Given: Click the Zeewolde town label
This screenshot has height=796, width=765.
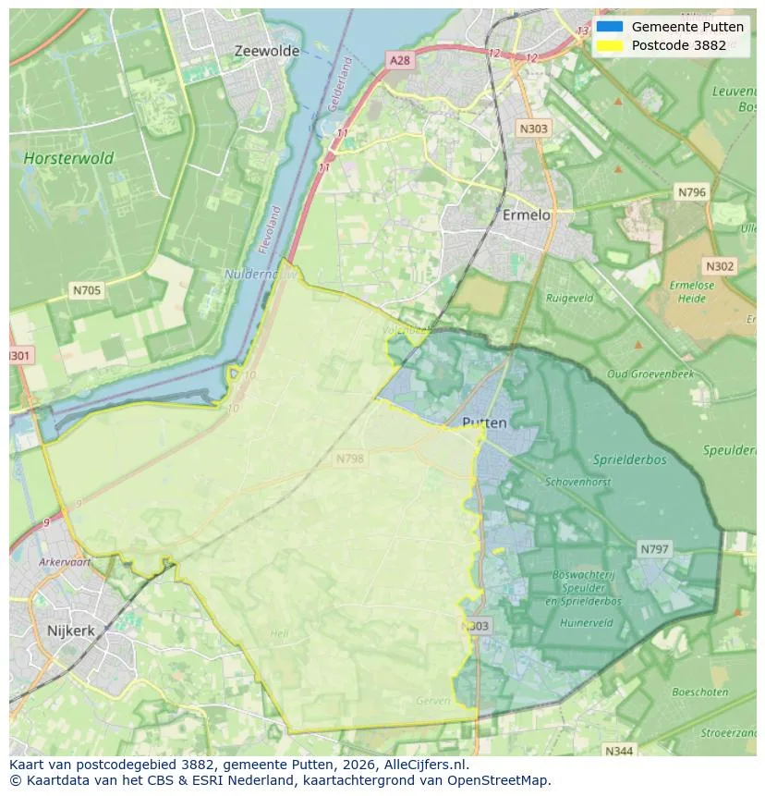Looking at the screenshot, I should [x=266, y=51].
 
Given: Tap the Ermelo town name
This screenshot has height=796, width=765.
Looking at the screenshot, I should [x=526, y=214].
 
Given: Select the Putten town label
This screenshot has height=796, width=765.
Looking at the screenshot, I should [x=484, y=422].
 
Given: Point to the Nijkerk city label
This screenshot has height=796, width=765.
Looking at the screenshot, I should [x=71, y=631].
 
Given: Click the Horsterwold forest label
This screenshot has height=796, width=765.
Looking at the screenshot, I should [x=68, y=158].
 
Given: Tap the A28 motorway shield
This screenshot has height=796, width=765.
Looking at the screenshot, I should [x=399, y=60].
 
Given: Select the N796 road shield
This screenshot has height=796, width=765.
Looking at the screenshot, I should [x=691, y=192].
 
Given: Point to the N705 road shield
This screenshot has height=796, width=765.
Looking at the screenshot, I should [x=87, y=290].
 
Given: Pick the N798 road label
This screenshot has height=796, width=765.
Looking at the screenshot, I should [x=350, y=459].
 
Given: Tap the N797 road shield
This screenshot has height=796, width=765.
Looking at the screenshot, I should [x=654, y=549].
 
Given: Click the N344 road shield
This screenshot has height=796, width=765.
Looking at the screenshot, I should [x=619, y=751].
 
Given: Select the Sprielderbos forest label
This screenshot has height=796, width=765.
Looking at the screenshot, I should [x=636, y=459].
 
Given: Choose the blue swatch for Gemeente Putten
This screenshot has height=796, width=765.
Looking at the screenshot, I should [x=610, y=27].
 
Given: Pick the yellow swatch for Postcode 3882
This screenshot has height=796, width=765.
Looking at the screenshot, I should [x=610, y=44].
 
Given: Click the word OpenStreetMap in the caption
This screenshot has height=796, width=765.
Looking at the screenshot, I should [x=503, y=780].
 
